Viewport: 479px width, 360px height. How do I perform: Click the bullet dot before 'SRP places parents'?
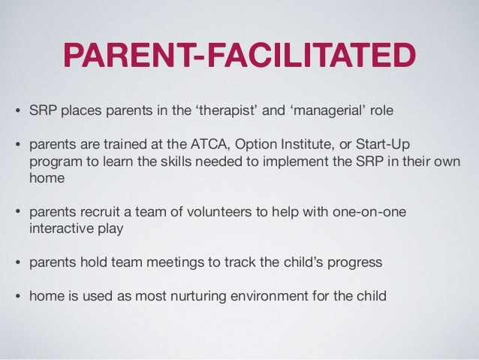pos(18,113)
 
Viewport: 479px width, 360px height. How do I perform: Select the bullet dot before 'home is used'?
pos(18,297)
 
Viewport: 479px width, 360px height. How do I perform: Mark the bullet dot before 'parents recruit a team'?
pos(18,213)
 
